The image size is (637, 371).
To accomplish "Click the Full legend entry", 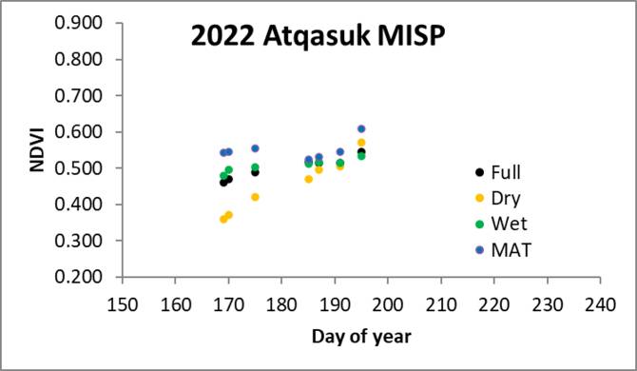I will (x=504, y=173).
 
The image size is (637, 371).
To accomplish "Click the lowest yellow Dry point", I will (x=223, y=219).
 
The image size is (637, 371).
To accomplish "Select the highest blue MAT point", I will (x=361, y=128).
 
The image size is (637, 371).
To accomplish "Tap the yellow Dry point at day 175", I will (x=255, y=197).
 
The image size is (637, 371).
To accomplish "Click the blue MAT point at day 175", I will (x=255, y=148).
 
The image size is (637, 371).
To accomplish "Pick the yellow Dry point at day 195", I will (x=361, y=143).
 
